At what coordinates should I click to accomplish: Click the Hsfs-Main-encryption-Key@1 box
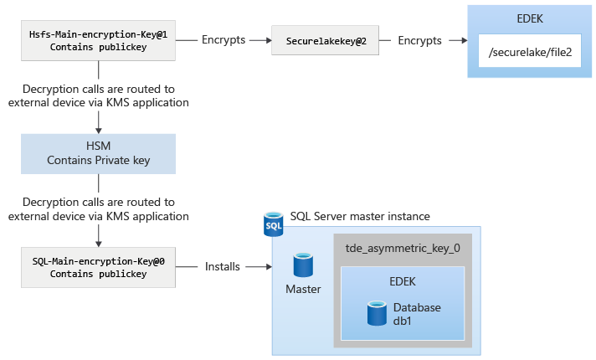(x=99, y=40)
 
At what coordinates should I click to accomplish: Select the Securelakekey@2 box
(x=323, y=40)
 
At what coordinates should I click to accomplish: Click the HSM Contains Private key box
(x=99, y=153)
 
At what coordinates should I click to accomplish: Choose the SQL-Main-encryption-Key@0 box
(x=99, y=267)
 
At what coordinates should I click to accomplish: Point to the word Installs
(x=223, y=267)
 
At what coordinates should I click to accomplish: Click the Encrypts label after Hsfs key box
(x=223, y=40)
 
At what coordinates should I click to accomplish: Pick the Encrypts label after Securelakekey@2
(x=420, y=40)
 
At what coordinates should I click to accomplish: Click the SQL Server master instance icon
(x=274, y=225)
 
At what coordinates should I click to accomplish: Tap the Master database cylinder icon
(x=303, y=266)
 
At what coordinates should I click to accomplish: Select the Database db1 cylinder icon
(x=376, y=314)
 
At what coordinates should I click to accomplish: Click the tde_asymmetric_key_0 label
(x=403, y=249)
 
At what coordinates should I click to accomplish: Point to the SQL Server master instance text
(x=360, y=216)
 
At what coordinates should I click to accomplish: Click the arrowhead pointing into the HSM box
(x=99, y=130)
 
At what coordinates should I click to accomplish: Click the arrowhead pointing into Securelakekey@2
(x=268, y=40)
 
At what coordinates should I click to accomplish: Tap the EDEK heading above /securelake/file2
(x=530, y=17)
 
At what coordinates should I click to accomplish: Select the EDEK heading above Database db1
(x=403, y=282)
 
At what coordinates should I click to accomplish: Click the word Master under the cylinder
(x=303, y=289)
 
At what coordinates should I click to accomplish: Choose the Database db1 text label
(x=416, y=315)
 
